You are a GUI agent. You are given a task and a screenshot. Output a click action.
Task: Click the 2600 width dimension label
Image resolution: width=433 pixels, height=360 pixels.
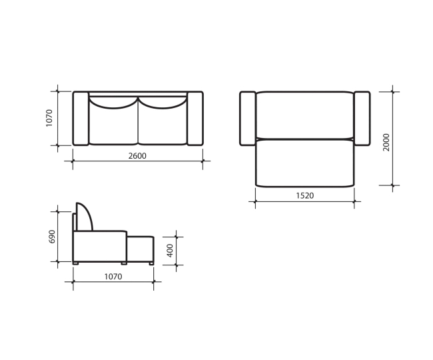pos(137,156)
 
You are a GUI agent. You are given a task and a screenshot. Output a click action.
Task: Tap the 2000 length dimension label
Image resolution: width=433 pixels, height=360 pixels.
pos(386,142)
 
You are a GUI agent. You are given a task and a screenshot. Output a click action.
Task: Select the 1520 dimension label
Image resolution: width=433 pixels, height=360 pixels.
pos(305,195)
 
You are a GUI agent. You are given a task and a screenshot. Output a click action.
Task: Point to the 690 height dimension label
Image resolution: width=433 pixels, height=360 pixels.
pos(52,237)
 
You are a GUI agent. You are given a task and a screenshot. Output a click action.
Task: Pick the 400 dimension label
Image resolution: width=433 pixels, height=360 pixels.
pos(170,250)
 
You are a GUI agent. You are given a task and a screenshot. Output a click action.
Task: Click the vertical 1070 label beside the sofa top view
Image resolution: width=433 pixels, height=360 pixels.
pos(49,118)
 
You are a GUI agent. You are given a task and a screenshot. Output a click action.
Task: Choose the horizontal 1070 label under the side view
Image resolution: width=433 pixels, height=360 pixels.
pos(113,277)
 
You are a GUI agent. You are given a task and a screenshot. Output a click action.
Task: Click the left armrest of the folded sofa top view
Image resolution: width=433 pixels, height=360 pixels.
pos(81,118)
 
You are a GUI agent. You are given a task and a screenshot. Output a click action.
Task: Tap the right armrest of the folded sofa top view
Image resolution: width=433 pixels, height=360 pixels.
pos(195,118)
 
